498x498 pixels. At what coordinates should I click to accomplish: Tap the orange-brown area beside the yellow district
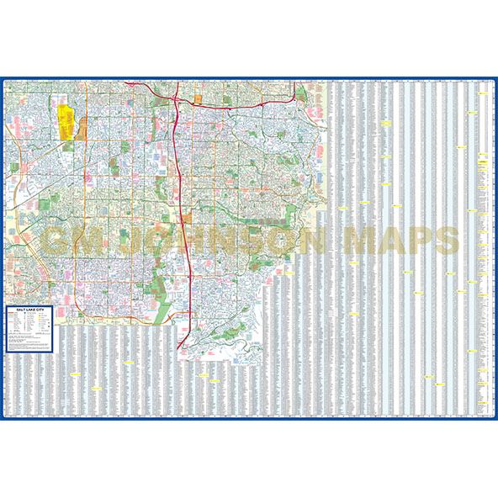coord(82,127)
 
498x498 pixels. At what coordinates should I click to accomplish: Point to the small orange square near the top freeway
coord(199,99)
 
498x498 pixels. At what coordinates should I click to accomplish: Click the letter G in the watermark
coord(57,241)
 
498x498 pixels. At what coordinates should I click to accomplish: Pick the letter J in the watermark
coord(128,241)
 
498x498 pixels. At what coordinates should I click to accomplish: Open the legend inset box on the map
coord(31,331)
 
